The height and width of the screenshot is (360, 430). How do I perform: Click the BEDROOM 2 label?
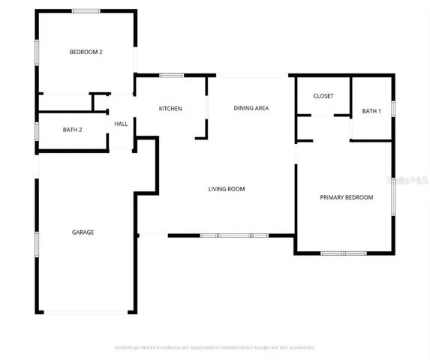[x=86, y=52]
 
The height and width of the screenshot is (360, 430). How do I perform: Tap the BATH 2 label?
[x=72, y=130]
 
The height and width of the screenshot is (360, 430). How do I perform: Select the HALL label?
[x=120, y=124]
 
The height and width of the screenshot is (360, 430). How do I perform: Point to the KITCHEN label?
[x=170, y=109]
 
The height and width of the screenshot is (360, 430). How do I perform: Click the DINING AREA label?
[x=251, y=108]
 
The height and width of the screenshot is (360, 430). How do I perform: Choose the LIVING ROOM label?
[x=227, y=189]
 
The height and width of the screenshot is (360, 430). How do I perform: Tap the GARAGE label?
[x=83, y=232]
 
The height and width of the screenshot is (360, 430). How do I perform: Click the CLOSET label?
[x=323, y=96]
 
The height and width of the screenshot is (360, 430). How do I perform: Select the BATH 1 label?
[x=371, y=111]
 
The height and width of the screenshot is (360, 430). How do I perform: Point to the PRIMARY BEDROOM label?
[x=346, y=197]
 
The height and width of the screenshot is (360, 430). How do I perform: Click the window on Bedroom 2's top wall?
[x=86, y=10]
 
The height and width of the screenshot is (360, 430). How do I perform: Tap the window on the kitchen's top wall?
[x=173, y=75]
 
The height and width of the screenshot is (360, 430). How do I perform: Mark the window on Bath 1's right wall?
[x=392, y=109]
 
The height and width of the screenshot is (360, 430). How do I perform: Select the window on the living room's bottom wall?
[x=233, y=236]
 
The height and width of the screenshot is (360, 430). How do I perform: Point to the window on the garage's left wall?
[x=37, y=246]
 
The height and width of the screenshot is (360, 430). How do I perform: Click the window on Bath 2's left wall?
[x=37, y=130]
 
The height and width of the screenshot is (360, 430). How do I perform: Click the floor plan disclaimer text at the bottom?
[x=215, y=347]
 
